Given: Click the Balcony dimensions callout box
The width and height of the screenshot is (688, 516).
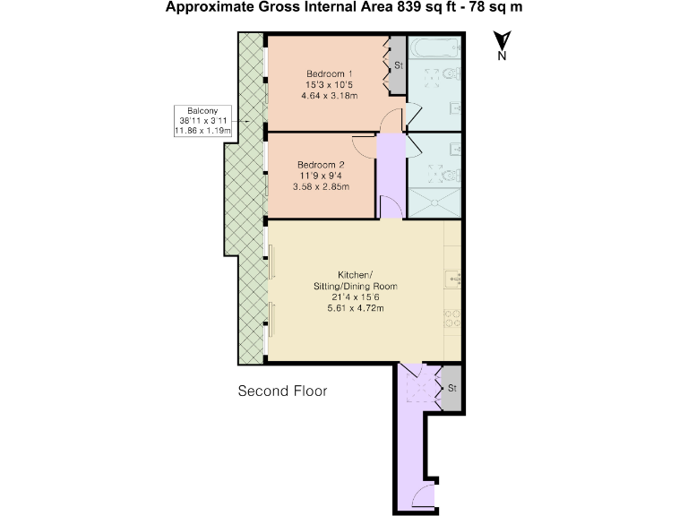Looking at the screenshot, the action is pos(202,121).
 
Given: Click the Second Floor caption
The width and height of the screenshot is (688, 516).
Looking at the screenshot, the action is pos(282,391).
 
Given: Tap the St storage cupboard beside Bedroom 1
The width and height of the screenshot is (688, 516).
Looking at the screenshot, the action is pos(398,64).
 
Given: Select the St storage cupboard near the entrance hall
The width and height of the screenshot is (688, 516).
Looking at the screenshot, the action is pos(451,388).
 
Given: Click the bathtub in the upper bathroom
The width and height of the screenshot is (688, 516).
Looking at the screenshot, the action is pos(434,47).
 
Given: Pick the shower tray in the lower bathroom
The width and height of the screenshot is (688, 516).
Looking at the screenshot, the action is pos(434,202).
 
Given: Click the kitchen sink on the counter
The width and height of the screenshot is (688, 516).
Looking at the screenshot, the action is pos(453,279).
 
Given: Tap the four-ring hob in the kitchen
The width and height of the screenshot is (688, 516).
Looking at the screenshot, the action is pos(452,319).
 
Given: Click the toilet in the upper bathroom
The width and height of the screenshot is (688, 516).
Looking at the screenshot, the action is pos(451,73).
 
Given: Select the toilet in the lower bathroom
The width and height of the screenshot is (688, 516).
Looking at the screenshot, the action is pos(451,176).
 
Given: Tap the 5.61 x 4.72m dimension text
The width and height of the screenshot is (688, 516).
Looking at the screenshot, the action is pos(356,308).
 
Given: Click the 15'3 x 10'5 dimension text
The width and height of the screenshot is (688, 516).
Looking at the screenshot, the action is pos(329,85).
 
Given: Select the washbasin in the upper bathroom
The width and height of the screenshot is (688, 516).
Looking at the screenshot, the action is pos(455,107).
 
